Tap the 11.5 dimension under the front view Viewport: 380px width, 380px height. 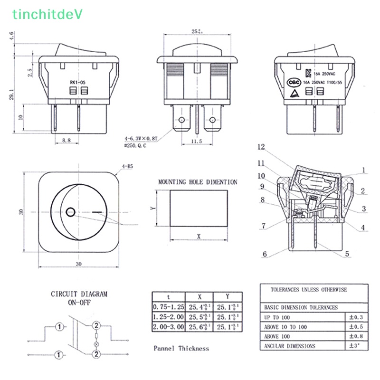(197, 141)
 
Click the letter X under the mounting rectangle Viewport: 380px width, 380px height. (198, 236)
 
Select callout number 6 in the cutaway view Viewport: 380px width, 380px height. (265, 254)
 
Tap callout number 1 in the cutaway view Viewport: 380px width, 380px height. (363, 170)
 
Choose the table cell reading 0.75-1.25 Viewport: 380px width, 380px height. (168, 306)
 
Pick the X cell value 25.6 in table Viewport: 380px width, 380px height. (199, 326)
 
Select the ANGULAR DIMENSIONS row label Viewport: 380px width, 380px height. (289, 346)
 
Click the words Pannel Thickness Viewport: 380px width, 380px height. (181, 348)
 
